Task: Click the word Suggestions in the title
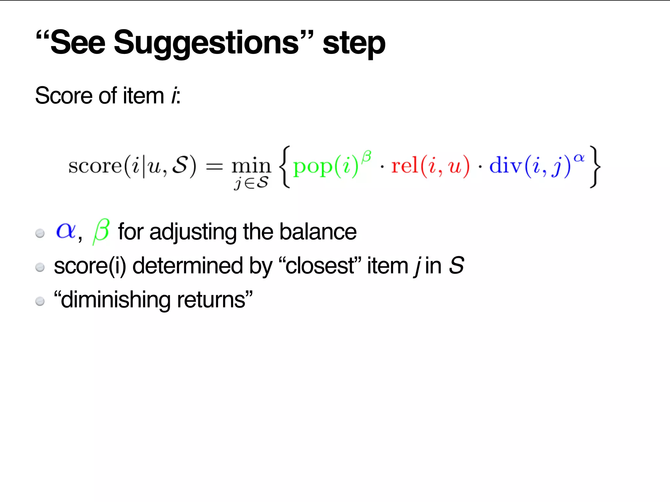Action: pyautogui.click(x=206, y=43)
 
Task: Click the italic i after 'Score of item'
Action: pyautogui.click(x=174, y=96)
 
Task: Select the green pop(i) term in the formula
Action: pyautogui.click(x=326, y=166)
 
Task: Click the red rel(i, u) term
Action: pyautogui.click(x=430, y=166)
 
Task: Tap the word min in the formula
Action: pyautogui.click(x=251, y=166)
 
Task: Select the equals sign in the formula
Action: pyautogui.click(x=214, y=167)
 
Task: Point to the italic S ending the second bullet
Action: pyautogui.click(x=456, y=265)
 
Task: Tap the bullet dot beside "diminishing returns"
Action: pyautogui.click(x=40, y=301)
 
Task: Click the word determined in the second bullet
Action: pyautogui.click(x=187, y=266)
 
